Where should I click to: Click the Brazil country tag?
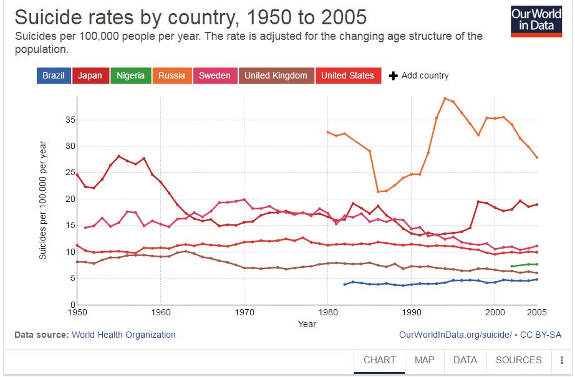click(53, 75)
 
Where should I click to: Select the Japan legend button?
click(90, 75)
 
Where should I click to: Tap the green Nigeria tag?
click(130, 75)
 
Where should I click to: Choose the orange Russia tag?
click(172, 75)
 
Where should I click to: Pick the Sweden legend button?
click(214, 75)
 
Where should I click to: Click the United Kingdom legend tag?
click(276, 75)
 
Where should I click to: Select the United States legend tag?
click(347, 75)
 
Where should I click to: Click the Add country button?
click(418, 75)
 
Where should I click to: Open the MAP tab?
click(424, 360)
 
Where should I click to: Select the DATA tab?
click(465, 360)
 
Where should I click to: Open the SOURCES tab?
click(518, 360)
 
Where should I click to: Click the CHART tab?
click(379, 360)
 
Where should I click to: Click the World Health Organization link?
click(123, 335)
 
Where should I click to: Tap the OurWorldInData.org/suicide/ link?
click(455, 335)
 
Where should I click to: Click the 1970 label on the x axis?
click(244, 312)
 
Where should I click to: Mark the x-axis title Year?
click(307, 324)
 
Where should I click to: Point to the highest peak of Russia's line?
click(445, 98)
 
